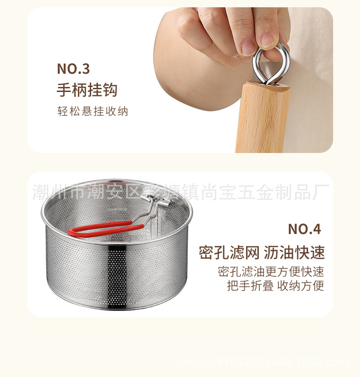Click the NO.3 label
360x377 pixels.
click(73, 69)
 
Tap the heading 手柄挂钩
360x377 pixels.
click(87, 90)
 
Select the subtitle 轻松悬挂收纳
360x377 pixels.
click(93, 111)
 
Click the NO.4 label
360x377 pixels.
click(304, 229)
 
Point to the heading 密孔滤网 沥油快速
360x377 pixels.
click(262, 252)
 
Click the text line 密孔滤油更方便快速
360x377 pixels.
click(271, 272)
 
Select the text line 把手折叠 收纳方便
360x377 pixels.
click(276, 285)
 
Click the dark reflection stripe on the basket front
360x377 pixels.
click(117, 276)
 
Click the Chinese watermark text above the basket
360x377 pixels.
click(181, 192)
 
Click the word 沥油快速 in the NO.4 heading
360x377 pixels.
click(294, 252)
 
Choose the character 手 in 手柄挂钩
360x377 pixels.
click(64, 90)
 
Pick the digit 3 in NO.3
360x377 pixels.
click(86, 69)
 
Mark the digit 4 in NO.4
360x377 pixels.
click(316, 229)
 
